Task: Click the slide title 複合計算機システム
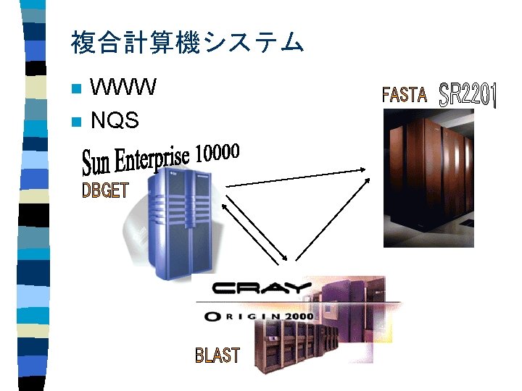pos(187,43)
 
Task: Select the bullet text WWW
pos(123,88)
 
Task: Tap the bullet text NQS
pos(115,121)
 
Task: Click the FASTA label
pos(404,94)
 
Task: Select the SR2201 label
pos(468,94)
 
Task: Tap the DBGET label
pos(105,190)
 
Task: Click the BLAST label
pos(217,355)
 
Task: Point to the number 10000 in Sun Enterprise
pos(216,153)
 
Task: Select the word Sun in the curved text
pos(97,163)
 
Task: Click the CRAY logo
pos(262,288)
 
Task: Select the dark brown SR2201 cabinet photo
pos(428,181)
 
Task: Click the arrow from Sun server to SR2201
pos(297,179)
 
